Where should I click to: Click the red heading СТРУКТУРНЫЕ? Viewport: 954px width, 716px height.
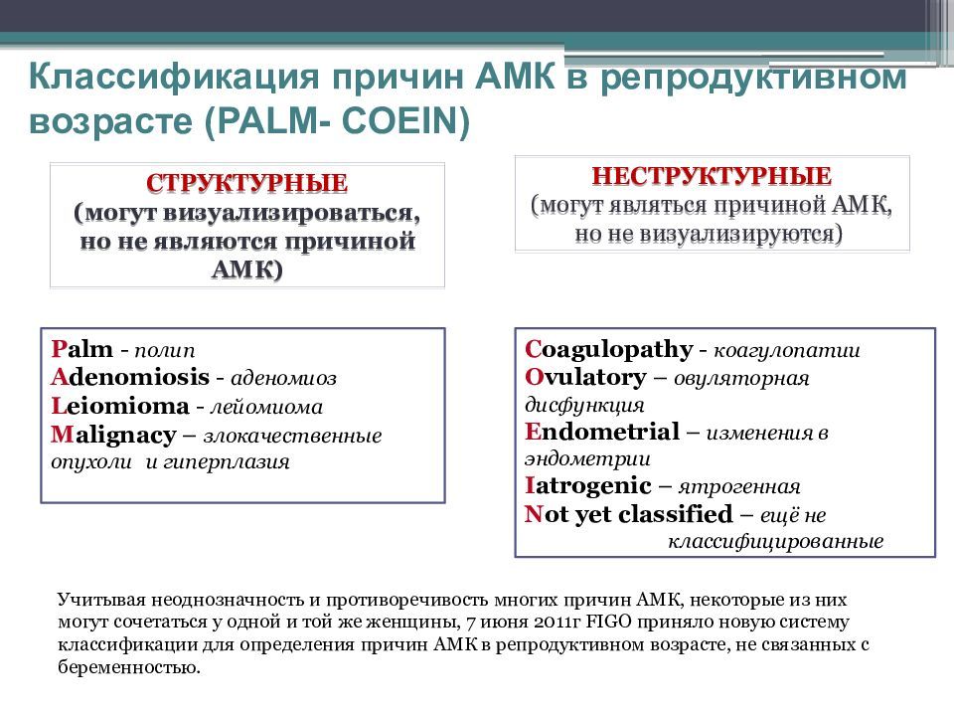[246, 184]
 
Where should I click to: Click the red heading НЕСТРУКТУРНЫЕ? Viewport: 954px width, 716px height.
[712, 176]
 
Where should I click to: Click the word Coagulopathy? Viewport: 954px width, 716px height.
[608, 350]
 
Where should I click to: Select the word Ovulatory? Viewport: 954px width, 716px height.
[585, 378]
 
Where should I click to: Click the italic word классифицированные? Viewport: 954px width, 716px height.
[774, 542]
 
